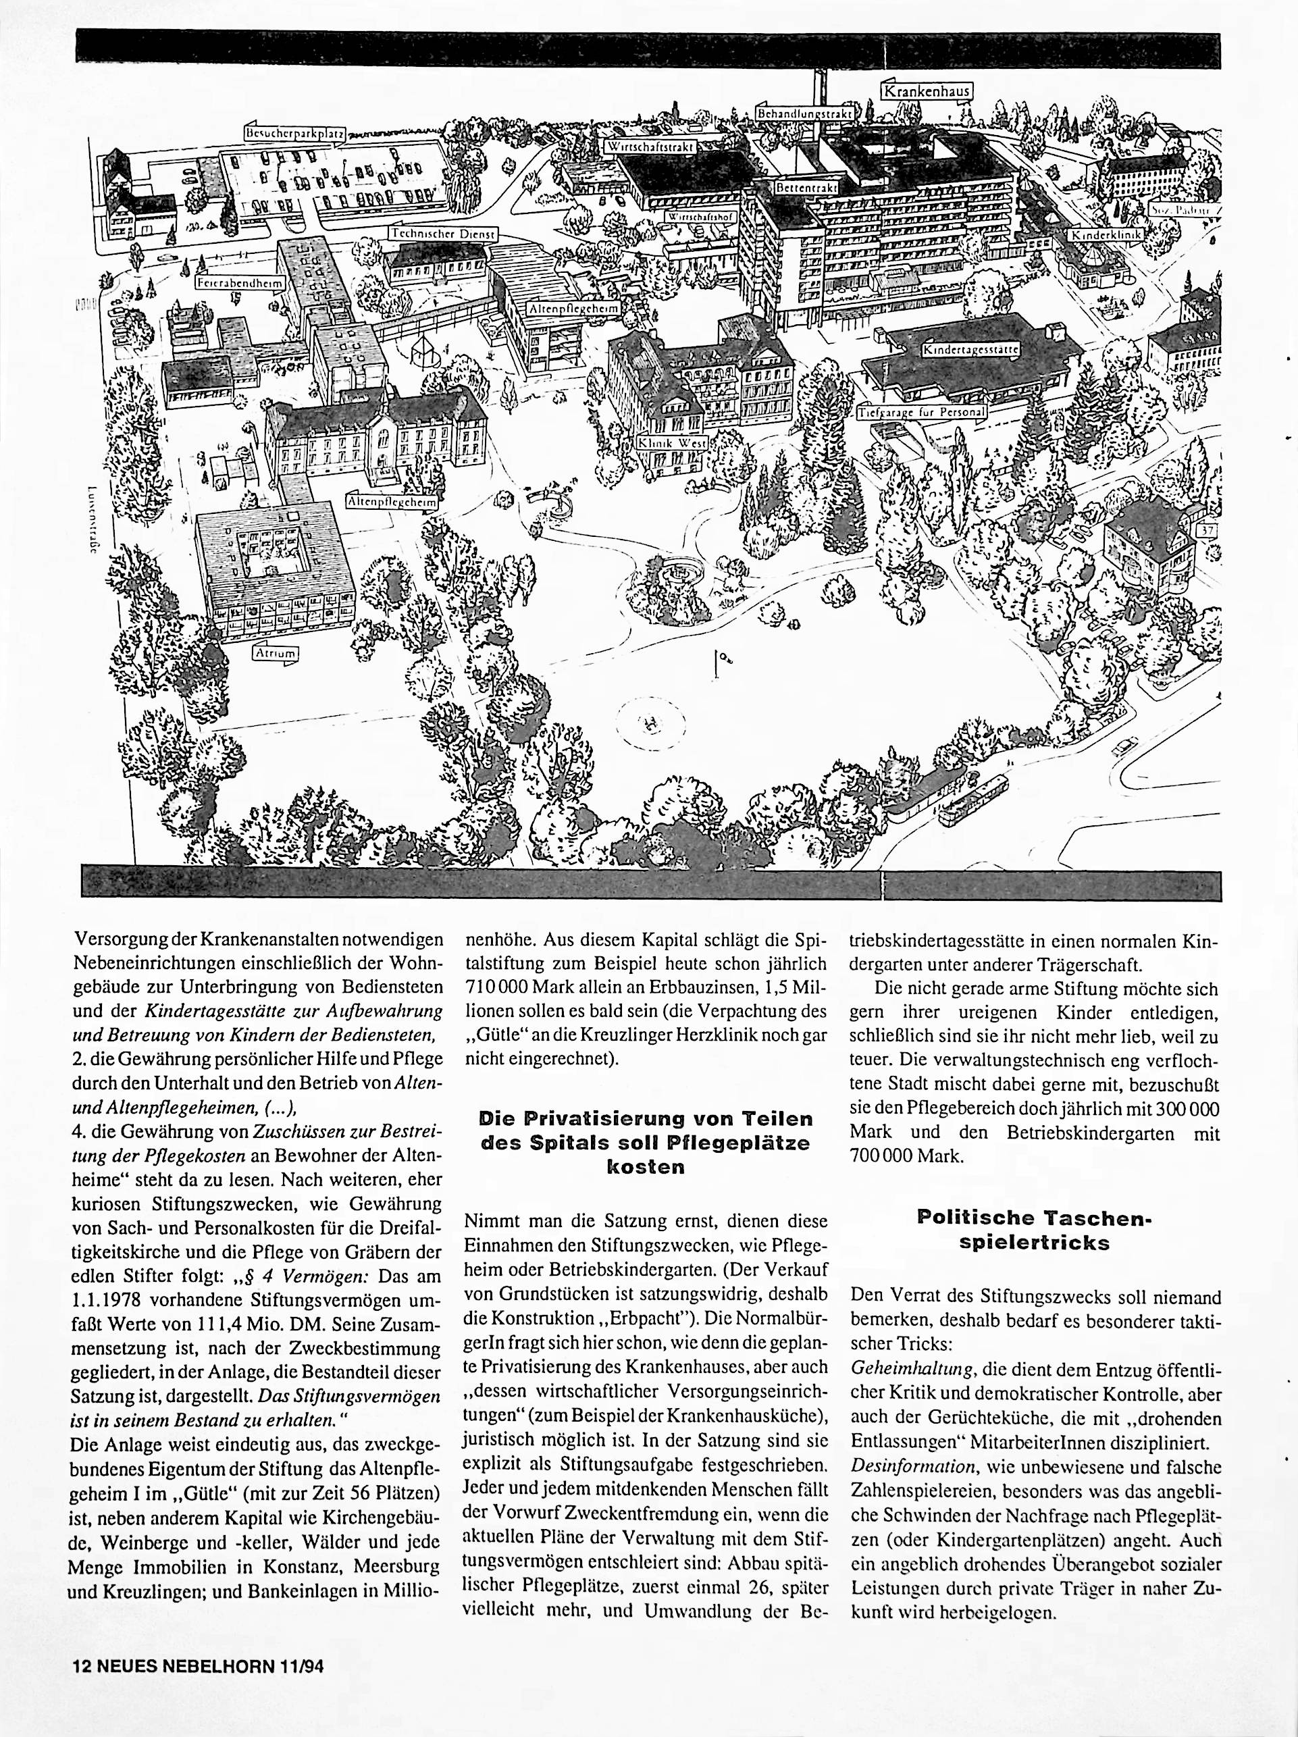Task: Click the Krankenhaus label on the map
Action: tap(927, 91)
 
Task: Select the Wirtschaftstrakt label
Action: tap(648, 147)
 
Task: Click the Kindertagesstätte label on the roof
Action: tap(970, 348)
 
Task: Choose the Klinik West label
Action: tap(672, 442)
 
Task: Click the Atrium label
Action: tap(276, 652)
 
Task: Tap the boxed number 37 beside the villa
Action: tap(1205, 532)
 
